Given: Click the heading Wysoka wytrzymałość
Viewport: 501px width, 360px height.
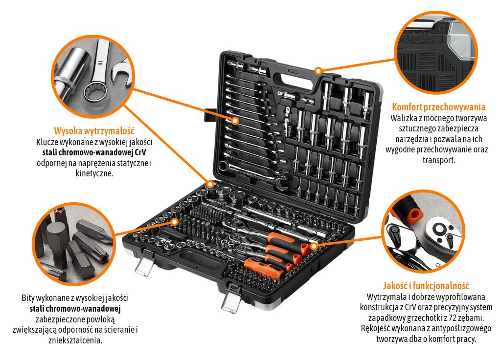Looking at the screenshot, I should pyautogui.click(x=94, y=131).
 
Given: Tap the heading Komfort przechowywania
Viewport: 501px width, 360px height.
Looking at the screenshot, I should pyautogui.click(x=438, y=107).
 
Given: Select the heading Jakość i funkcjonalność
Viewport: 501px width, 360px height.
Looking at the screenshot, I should pyautogui.click(x=426, y=286).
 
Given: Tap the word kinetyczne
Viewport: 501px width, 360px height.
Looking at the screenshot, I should pyautogui.click(x=94, y=173).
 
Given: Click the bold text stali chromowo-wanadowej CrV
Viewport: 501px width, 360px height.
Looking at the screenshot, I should pyautogui.click(x=94, y=152).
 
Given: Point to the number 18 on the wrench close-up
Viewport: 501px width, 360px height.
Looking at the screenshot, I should pyautogui.click(x=99, y=63).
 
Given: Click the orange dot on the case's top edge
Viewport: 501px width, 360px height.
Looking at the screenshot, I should pyautogui.click(x=319, y=71).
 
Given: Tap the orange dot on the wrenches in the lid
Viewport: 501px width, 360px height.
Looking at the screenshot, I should pyautogui.click(x=235, y=120).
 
